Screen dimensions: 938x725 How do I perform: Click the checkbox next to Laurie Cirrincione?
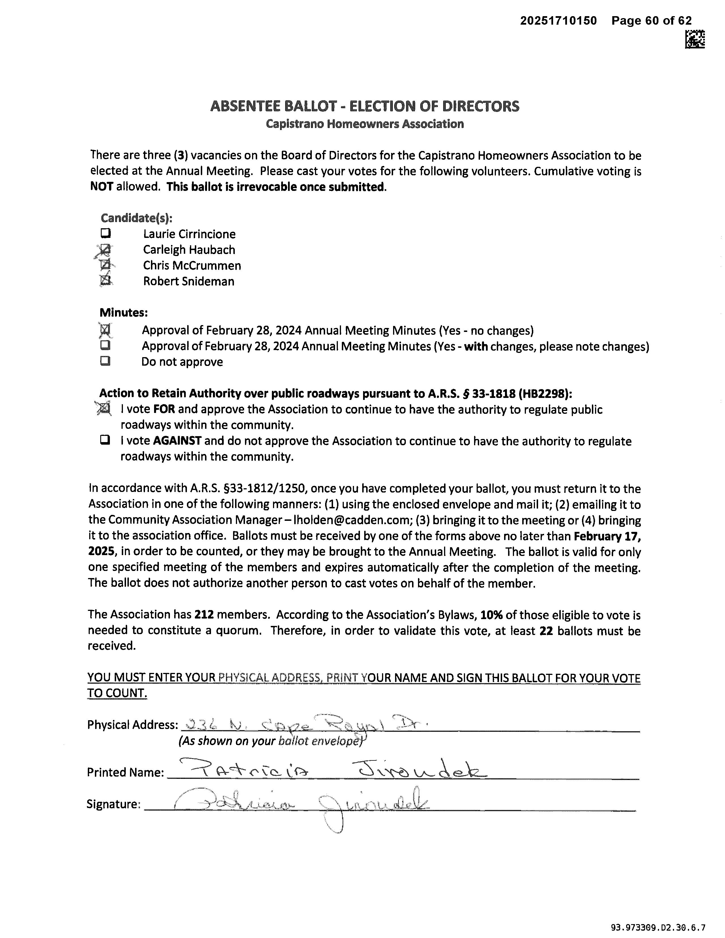106,234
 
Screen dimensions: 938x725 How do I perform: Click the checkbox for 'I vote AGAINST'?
105,440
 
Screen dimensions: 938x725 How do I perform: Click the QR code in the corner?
694,39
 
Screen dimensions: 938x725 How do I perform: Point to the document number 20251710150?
558,21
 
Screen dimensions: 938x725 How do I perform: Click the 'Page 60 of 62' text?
652,21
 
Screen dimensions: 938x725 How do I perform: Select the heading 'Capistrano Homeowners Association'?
365,124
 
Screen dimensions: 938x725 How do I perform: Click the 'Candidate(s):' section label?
136,218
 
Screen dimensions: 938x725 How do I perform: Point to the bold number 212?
204,615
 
